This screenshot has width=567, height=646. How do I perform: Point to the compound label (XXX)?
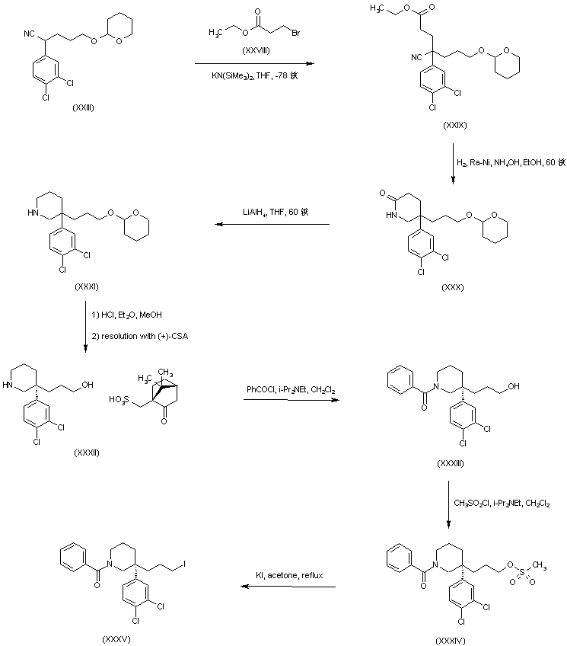[x=454, y=288]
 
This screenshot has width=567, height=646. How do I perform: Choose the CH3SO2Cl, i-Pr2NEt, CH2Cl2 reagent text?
[x=502, y=503]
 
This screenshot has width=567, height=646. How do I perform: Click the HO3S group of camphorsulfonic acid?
[x=119, y=398]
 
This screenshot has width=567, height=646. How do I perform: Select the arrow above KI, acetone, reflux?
[x=288, y=587]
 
